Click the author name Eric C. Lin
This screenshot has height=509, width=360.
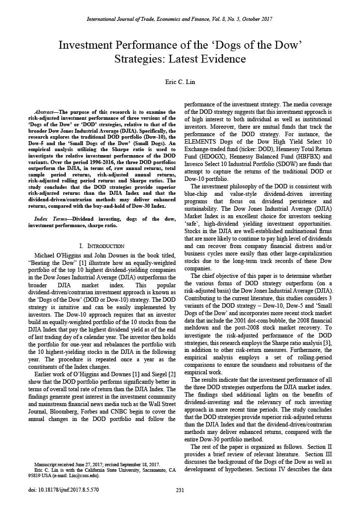pos(180,81)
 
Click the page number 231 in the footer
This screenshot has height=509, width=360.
pos(180,490)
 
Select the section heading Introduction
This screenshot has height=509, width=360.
pos(102,246)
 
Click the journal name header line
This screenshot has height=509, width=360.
pos(180,19)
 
